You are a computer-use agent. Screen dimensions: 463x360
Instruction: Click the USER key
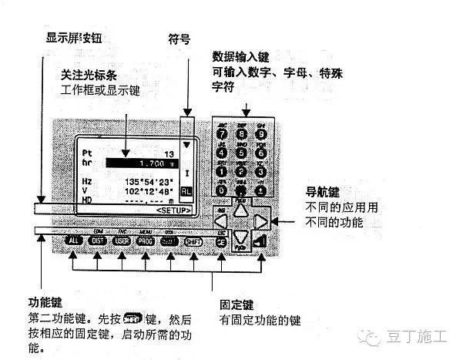click(x=122, y=241)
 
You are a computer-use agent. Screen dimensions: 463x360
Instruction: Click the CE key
click(x=222, y=241)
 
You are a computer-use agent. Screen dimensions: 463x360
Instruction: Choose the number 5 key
click(x=243, y=151)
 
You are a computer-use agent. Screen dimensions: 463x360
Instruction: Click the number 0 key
click(x=223, y=187)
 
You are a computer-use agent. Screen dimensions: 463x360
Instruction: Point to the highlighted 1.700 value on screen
click(x=145, y=163)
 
